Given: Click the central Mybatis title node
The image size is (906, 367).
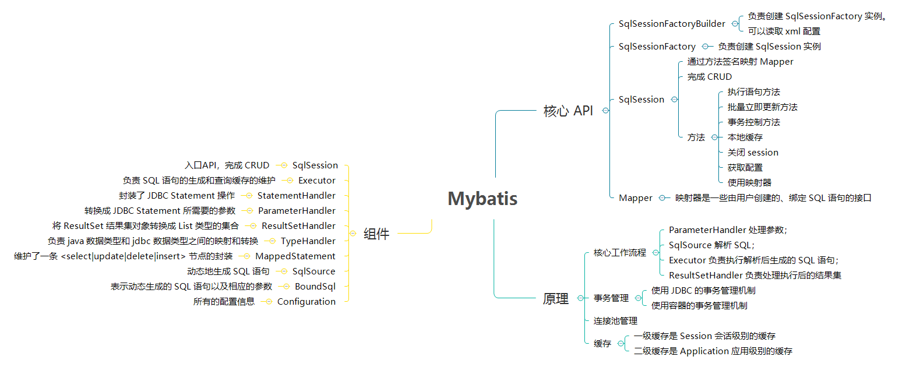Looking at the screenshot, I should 482,199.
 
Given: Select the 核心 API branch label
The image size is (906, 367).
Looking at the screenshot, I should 568,111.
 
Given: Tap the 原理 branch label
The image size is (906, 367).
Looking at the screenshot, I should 555,299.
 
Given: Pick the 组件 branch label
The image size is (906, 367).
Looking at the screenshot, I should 376,234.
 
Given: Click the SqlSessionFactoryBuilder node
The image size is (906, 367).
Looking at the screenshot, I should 672,24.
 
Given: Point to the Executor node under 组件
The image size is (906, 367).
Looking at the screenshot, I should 317,181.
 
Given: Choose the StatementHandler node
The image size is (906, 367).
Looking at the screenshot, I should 297,196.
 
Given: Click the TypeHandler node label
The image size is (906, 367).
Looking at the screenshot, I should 308,241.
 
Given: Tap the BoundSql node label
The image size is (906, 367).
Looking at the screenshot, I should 315,287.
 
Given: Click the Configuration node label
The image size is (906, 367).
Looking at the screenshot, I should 306,302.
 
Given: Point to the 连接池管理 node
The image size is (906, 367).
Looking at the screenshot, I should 615,321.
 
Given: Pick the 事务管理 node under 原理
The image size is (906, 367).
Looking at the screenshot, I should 611,298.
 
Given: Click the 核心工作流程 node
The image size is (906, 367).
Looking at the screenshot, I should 620,253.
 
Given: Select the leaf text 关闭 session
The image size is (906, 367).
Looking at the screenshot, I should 753,153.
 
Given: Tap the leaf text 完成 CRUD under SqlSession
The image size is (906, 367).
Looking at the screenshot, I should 709,77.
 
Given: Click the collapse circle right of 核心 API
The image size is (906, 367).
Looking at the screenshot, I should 605,111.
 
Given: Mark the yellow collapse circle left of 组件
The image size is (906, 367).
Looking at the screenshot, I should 353,234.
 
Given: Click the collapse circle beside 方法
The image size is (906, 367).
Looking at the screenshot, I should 714,137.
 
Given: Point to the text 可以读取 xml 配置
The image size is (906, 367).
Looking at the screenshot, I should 784,31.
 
